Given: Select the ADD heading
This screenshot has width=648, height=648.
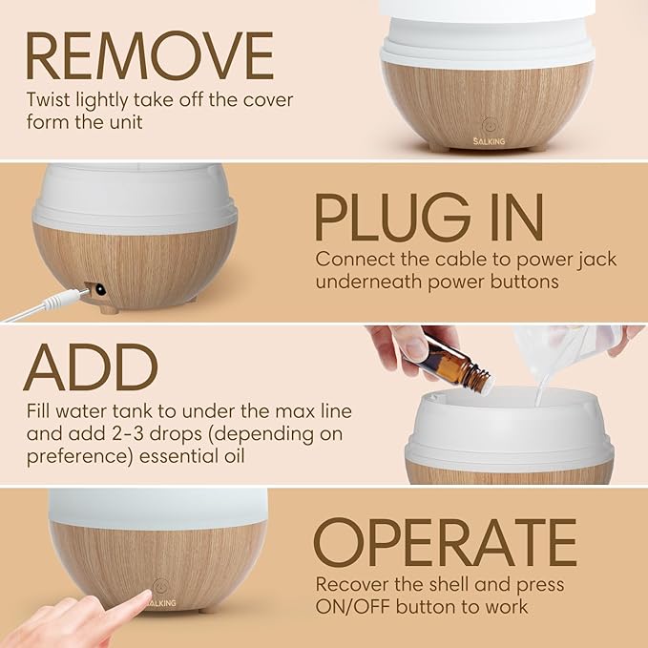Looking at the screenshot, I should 91,367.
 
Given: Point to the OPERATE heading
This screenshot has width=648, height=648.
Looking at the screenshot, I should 446,542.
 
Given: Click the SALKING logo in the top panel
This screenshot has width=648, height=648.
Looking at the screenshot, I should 487,139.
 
